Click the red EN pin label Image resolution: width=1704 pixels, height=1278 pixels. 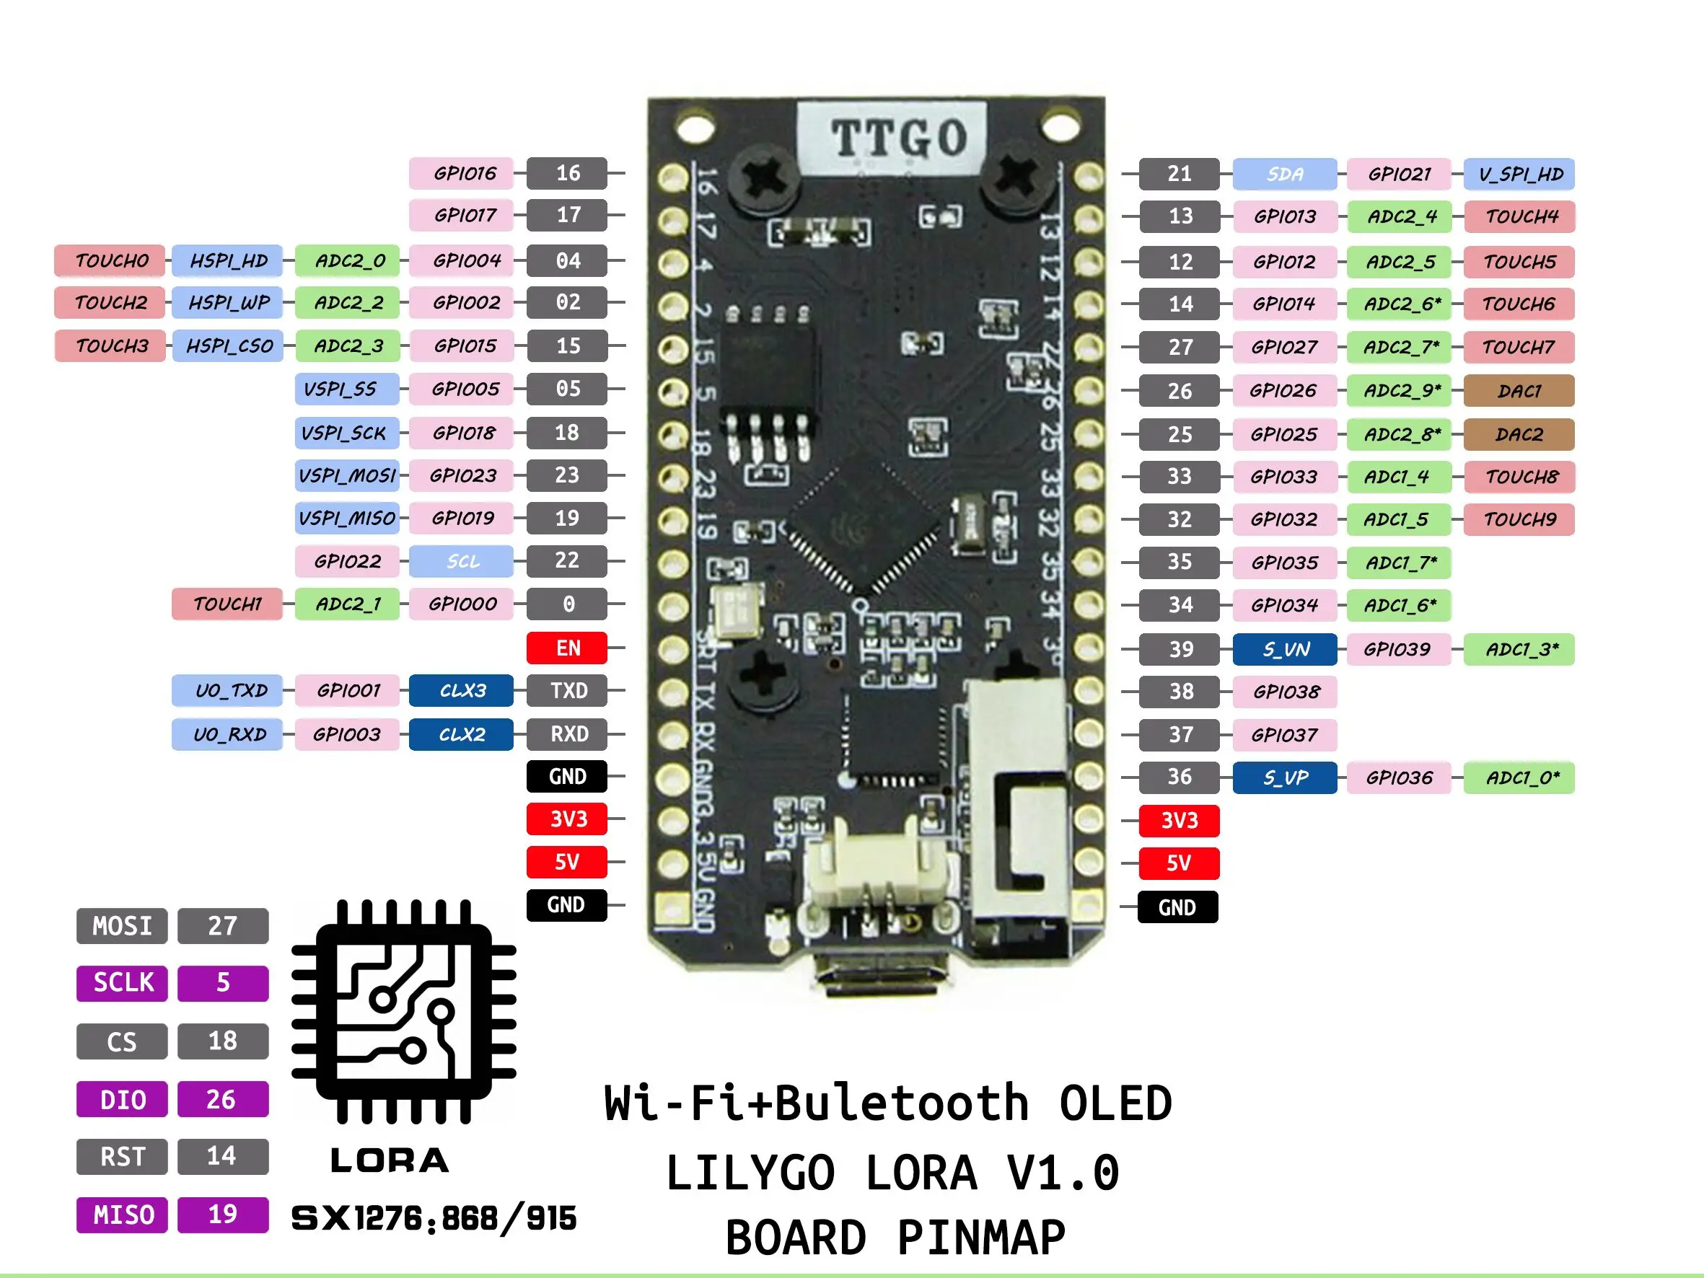tap(567, 648)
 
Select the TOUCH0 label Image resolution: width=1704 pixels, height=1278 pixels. tap(110, 260)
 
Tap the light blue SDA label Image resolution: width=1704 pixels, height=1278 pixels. tap(1284, 174)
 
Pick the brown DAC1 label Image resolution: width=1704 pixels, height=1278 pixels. tap(1518, 391)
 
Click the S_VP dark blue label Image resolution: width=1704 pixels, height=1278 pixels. tap(1284, 777)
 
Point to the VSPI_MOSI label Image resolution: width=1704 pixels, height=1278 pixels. tap(347, 475)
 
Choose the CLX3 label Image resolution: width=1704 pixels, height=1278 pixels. tap(461, 690)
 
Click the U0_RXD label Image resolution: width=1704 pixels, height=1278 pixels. tap(229, 734)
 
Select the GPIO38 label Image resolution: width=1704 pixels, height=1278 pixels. tap(1284, 692)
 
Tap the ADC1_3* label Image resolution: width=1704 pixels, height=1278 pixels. tap(1519, 649)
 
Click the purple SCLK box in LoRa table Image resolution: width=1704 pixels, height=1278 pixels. tap(122, 983)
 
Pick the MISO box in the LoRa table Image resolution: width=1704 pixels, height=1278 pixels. tap(122, 1215)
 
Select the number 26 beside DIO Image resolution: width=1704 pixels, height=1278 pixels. tap(222, 1099)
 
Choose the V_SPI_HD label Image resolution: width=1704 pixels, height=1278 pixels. tap(1519, 174)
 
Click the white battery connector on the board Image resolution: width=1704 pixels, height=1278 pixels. tap(876, 871)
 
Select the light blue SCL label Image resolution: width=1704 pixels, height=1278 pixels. tap(461, 561)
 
